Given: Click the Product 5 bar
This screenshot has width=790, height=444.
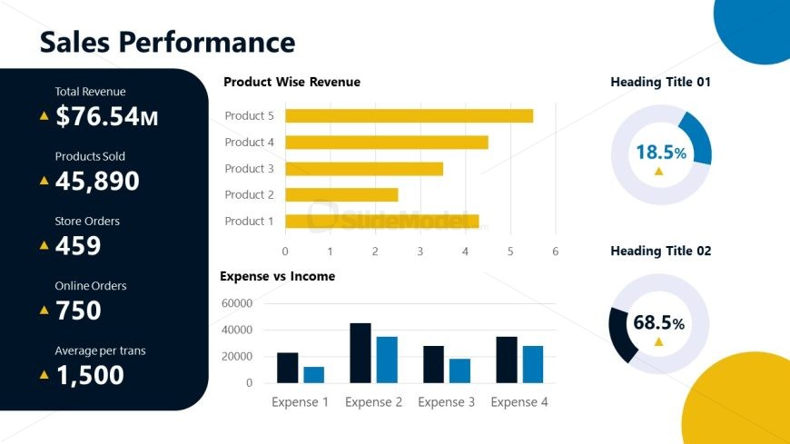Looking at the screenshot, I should tap(409, 115).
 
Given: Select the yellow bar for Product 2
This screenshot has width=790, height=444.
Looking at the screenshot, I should tap(341, 194).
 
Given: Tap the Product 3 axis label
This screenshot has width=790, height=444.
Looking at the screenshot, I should tap(249, 169).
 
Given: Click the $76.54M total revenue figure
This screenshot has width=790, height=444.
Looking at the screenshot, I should tap(106, 116).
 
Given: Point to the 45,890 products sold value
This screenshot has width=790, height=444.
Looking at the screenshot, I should tap(97, 181).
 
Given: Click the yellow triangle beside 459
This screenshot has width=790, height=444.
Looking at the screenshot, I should tap(44, 245).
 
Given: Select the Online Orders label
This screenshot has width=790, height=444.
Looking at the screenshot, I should tap(91, 286).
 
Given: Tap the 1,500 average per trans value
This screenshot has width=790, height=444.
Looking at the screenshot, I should tap(90, 375).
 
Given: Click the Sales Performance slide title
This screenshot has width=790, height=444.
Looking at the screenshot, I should tap(168, 42).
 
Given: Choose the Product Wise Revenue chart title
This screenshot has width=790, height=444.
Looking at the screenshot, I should tap(291, 82).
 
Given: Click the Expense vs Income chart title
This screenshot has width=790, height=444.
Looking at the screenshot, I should tap(277, 276).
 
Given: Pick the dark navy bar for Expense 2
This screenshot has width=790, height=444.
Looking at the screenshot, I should tap(360, 353).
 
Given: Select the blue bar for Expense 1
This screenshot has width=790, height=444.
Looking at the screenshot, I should tap(314, 374).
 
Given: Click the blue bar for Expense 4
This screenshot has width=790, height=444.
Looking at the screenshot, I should tap(533, 364).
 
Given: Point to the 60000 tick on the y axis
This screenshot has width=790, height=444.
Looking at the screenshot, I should tap(236, 303).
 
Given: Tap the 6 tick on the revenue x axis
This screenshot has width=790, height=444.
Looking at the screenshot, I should tap(555, 252).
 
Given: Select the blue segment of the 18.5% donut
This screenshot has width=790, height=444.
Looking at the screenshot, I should tap(697, 136).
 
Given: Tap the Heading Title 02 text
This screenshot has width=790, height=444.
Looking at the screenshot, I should tap(660, 251).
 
